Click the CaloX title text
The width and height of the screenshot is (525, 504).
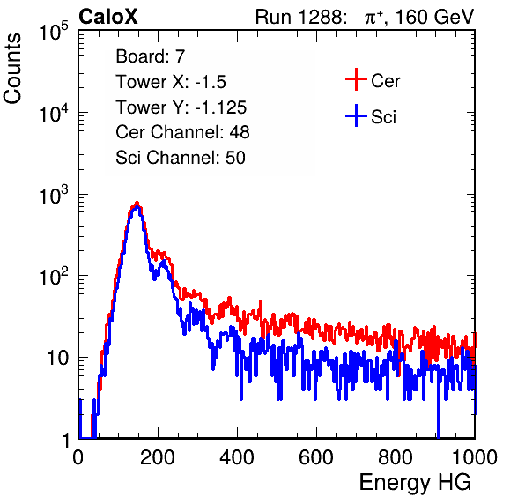(x=107, y=17)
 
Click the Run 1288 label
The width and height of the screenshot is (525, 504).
(x=299, y=17)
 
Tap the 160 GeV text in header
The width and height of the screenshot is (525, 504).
(x=434, y=17)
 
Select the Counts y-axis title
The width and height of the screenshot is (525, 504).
(x=12, y=69)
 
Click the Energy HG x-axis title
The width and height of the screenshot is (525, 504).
(x=415, y=482)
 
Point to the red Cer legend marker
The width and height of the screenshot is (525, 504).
(x=356, y=79)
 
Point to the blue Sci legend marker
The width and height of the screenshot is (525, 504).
(x=356, y=115)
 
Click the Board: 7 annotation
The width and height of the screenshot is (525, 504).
(x=150, y=56)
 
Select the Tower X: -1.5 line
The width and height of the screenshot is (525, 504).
(x=171, y=82)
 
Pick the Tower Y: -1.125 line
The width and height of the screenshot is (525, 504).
(x=181, y=107)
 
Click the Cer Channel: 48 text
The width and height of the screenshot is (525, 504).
(x=182, y=132)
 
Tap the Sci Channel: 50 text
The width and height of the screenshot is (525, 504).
(x=181, y=158)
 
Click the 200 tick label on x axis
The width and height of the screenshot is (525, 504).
(x=158, y=457)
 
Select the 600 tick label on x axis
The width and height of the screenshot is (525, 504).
(x=316, y=457)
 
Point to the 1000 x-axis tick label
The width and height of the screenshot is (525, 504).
(x=475, y=457)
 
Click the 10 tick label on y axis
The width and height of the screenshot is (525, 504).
(x=58, y=358)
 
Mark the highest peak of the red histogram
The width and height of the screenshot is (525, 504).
(x=137, y=203)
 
